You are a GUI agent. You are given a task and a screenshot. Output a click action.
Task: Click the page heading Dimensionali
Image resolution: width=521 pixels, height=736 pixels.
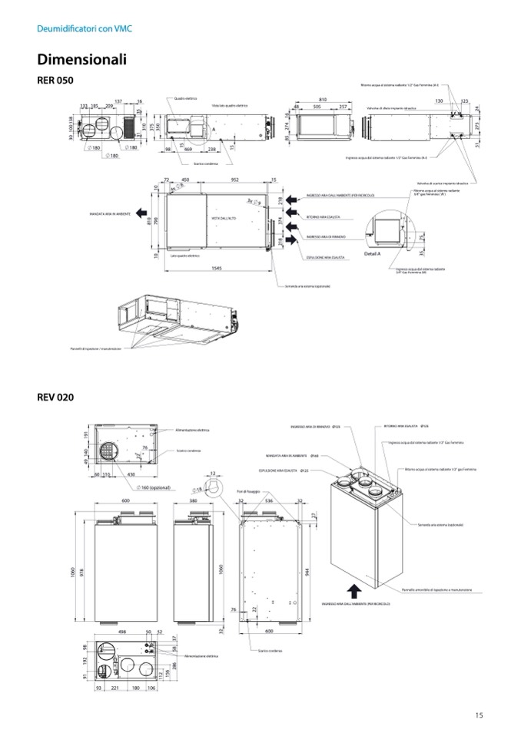click(x=81, y=60)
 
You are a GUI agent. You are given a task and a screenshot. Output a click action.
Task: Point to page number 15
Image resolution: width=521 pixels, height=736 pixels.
click(x=479, y=715)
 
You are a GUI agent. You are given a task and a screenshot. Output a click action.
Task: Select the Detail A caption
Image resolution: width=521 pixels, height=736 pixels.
click(x=373, y=252)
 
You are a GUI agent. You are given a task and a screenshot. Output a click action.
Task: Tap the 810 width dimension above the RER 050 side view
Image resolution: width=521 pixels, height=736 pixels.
click(x=322, y=100)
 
